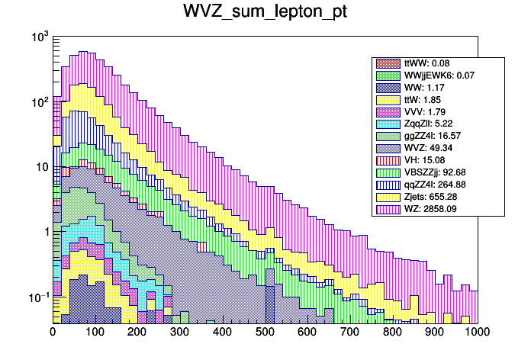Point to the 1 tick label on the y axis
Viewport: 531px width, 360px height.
click(45, 232)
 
